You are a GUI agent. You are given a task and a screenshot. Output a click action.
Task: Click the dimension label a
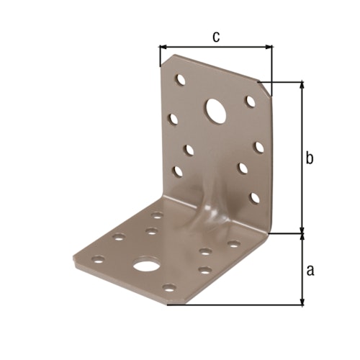point(310,271)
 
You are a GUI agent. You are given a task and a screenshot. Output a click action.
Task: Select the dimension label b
point(310,158)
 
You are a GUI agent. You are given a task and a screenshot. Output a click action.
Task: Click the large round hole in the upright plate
point(215,109)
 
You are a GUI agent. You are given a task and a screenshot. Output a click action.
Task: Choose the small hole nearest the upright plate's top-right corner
point(250,101)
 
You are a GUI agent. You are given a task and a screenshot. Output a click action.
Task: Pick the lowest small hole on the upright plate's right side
point(254,197)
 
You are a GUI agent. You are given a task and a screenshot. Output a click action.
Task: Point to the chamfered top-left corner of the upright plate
point(165,61)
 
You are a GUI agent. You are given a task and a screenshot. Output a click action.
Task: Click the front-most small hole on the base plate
point(168,288)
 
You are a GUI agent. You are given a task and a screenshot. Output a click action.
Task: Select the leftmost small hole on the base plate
point(99,258)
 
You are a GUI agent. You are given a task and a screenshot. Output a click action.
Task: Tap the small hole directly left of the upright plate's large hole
point(174,117)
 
